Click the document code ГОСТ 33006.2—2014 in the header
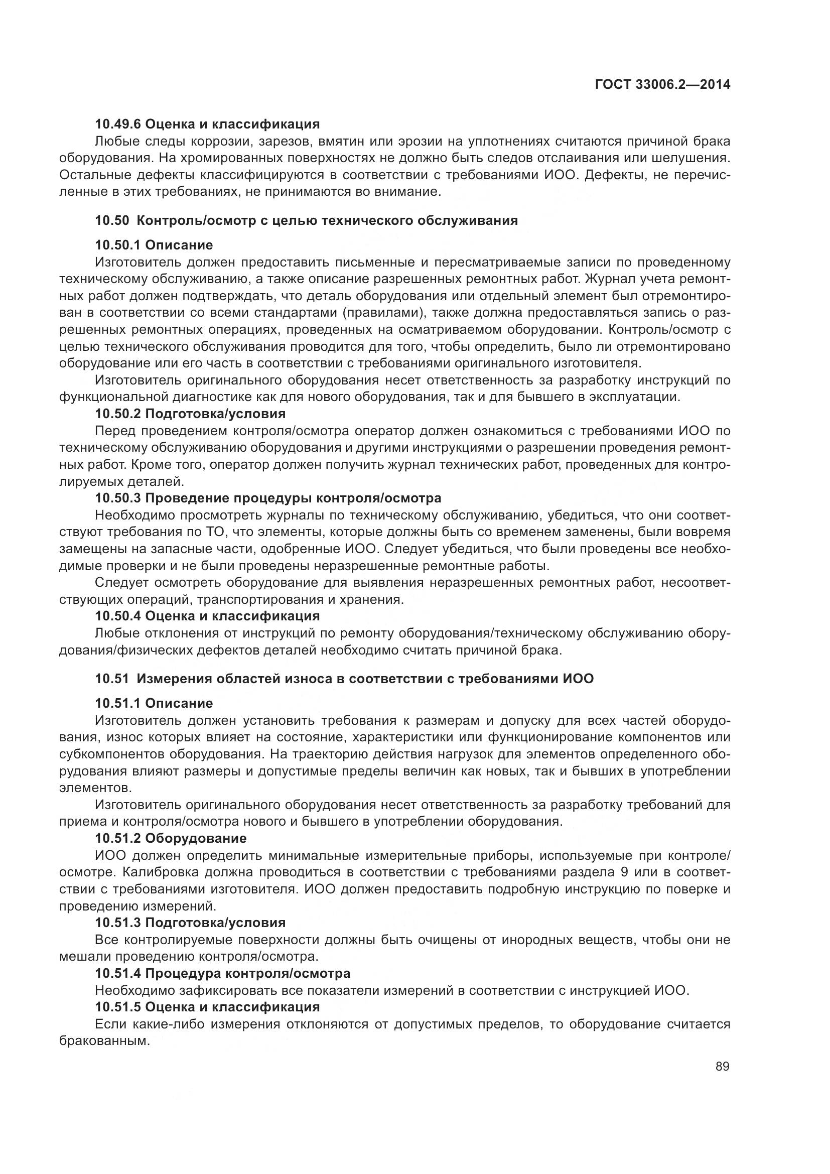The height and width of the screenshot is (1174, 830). point(662,85)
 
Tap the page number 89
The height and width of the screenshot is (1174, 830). point(722,1067)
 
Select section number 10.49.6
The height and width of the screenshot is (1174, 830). point(117,124)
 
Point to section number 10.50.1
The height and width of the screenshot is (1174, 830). point(117,245)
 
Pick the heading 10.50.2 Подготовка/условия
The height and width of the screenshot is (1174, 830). point(190,413)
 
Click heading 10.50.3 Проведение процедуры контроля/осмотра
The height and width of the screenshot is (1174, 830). point(268,497)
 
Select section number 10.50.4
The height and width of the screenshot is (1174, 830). point(117,616)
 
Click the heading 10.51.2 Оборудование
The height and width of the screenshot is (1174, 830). point(171,838)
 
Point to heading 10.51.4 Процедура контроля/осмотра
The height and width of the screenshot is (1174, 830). point(222,973)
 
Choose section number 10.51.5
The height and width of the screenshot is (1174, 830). point(117,1007)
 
